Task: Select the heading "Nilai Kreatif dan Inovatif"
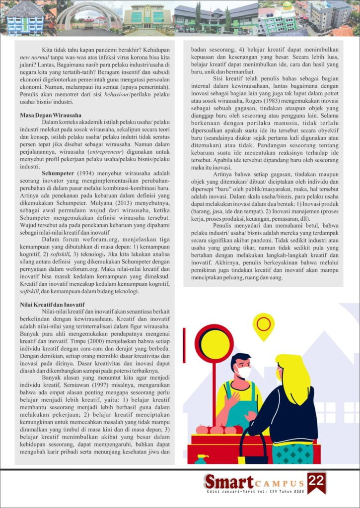click(52, 304)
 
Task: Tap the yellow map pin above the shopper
click(263, 325)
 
